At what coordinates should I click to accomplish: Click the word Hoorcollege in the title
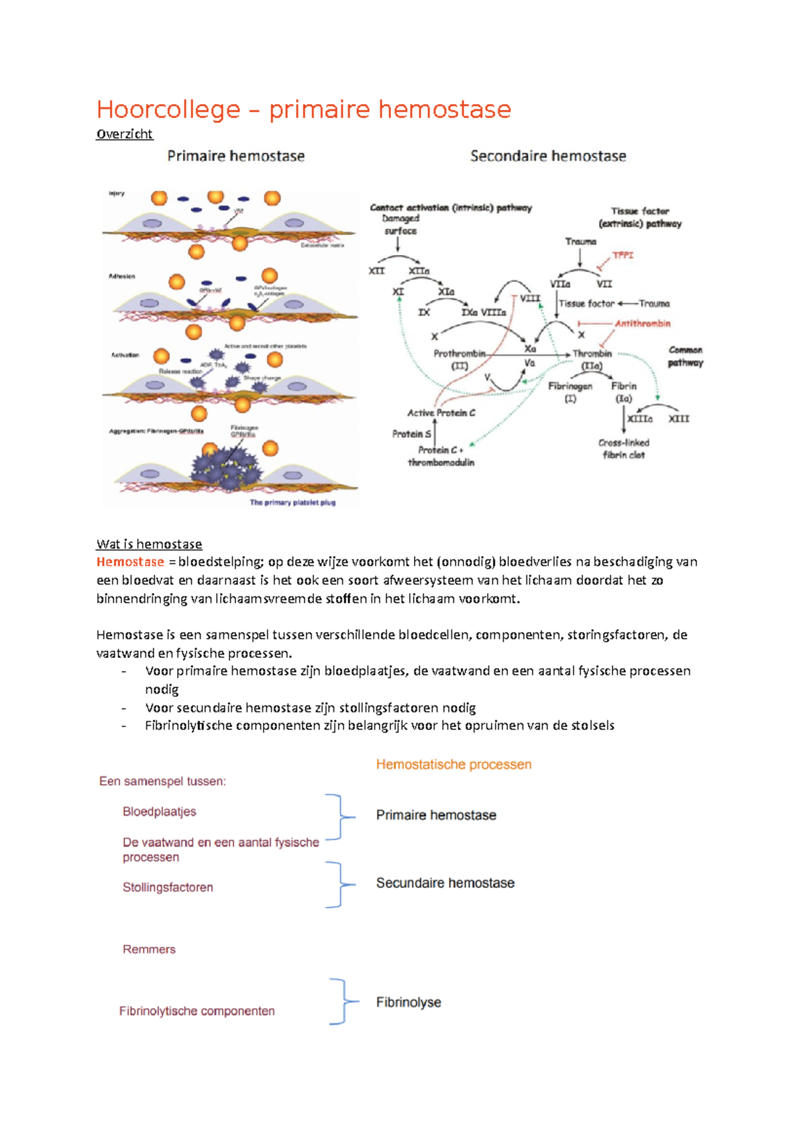click(x=168, y=109)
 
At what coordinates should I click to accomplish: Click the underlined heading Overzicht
click(x=125, y=134)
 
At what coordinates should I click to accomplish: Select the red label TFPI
click(x=623, y=256)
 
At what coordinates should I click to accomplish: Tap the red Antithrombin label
click(x=642, y=323)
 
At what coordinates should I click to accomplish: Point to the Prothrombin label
click(x=460, y=354)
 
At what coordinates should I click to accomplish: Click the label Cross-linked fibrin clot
click(x=624, y=449)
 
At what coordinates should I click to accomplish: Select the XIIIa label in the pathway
click(x=639, y=419)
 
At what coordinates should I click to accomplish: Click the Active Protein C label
click(x=441, y=413)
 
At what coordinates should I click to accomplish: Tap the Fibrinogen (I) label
click(x=570, y=392)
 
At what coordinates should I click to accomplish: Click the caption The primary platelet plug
click(x=292, y=502)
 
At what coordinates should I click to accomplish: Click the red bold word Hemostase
click(x=130, y=562)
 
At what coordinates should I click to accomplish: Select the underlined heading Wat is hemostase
click(x=149, y=544)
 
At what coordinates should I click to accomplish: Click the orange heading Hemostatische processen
click(x=453, y=765)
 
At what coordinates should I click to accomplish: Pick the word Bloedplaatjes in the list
click(x=159, y=812)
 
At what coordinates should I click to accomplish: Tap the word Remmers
click(x=149, y=949)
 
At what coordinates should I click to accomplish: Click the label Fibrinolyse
click(x=409, y=1002)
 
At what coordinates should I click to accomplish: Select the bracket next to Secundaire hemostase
click(x=339, y=885)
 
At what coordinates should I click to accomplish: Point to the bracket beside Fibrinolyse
click(x=343, y=1001)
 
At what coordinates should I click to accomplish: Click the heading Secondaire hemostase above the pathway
click(x=548, y=156)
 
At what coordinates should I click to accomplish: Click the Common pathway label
click(x=685, y=356)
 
